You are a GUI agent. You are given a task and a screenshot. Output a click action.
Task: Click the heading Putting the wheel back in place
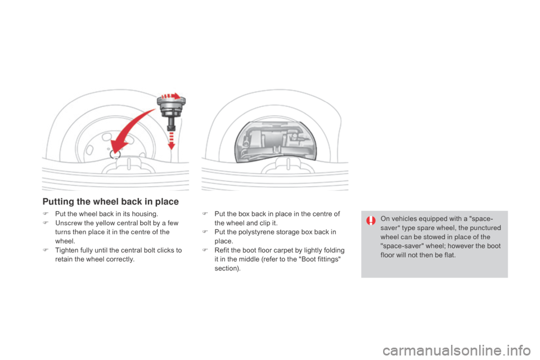click(110, 201)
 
